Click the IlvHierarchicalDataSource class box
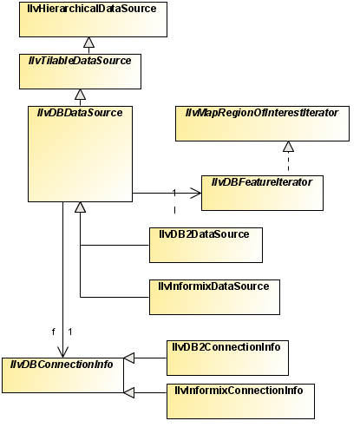(93, 19)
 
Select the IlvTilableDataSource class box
(80, 71)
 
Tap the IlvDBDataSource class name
(80, 113)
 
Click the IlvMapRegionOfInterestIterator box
(262, 123)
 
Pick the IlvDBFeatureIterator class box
(262, 193)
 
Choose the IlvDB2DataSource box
(206, 245)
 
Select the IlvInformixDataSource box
(214, 297)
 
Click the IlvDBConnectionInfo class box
(62, 375)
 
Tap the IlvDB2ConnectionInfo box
(227, 358)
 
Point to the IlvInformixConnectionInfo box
(240, 401)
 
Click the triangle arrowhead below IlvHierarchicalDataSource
(88, 43)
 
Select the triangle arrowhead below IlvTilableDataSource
(80, 95)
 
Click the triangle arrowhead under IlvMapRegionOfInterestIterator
(288, 147)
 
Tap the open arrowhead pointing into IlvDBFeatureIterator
(196, 193)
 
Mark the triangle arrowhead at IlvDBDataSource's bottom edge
(80, 207)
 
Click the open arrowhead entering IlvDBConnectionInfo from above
(62, 352)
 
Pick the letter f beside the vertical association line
(53, 332)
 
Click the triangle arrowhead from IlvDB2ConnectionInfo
(129, 358)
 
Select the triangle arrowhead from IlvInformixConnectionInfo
(129, 392)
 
